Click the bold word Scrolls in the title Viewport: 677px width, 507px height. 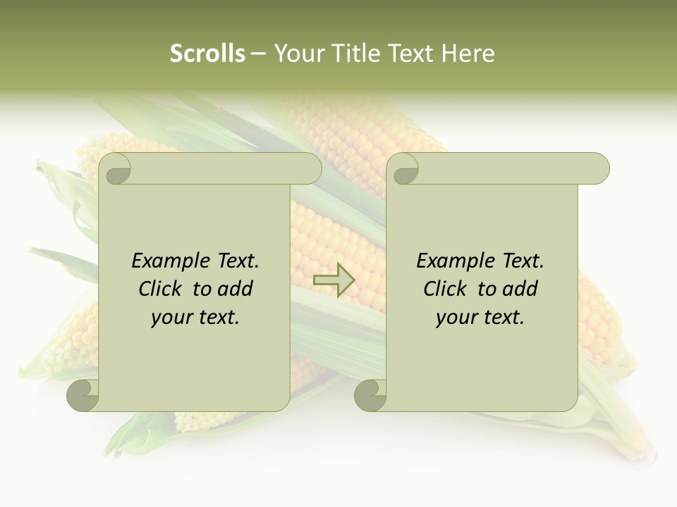pos(207,54)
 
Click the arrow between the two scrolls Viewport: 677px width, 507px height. pos(334,280)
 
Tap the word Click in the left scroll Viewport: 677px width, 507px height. pos(161,289)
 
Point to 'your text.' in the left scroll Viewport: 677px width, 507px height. pos(195,317)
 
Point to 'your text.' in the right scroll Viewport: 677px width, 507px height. pos(480,317)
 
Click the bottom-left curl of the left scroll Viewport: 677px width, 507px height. pos(83,394)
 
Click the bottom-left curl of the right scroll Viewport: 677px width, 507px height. pos(370,394)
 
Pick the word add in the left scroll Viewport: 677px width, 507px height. pos(236,289)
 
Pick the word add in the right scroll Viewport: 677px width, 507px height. pos(520,289)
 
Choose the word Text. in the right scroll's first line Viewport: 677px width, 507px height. pos(523,261)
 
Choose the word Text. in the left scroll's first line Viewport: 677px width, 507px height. pos(238,261)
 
